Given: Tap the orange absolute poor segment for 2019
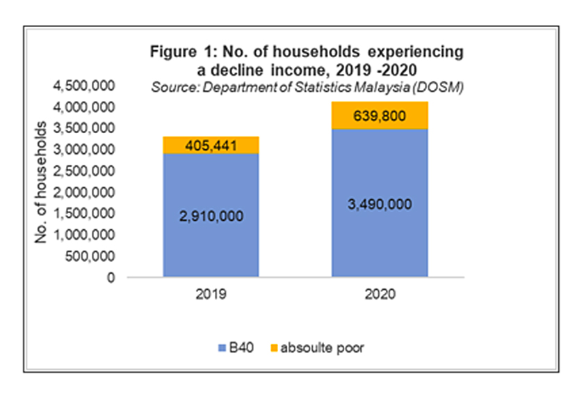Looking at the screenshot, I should pos(211,145).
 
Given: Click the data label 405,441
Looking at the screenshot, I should pos(211,145).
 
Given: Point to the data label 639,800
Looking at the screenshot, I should pos(380,115).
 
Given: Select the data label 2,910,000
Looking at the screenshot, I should pos(211,217).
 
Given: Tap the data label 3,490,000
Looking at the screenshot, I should pos(380,204).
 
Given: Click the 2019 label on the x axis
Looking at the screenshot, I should pos(211,295).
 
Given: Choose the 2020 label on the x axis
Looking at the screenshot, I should pos(380,295).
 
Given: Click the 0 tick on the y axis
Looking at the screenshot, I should pos(111,277).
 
